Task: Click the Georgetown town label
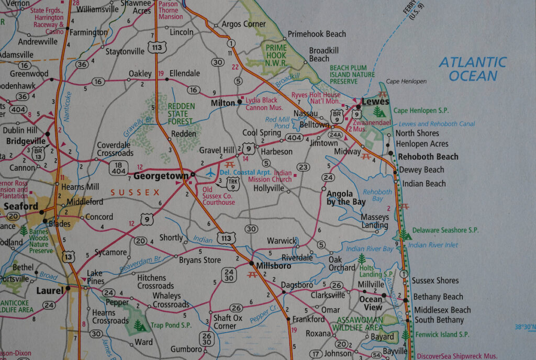click(x=161, y=176)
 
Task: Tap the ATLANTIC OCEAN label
click(x=473, y=69)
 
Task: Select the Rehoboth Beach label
click(x=428, y=156)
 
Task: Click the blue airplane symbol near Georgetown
click(x=210, y=172)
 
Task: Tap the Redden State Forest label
click(x=181, y=114)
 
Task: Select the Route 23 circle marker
click(x=303, y=167)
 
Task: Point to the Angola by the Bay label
click(x=346, y=197)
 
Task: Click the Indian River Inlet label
click(x=433, y=245)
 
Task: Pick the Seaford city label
click(x=21, y=206)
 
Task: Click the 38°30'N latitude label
click(x=524, y=327)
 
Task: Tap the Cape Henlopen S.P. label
click(x=423, y=110)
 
